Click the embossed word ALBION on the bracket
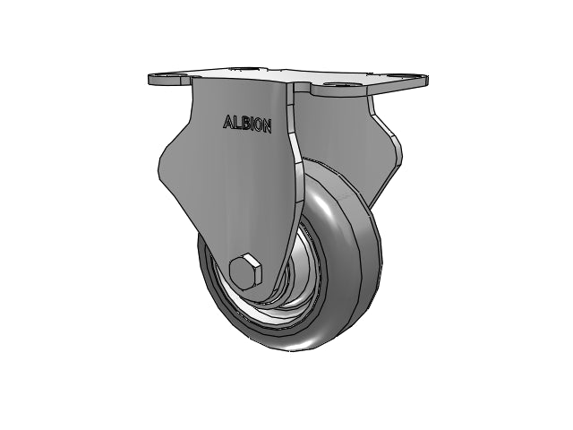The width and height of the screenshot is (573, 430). click(x=247, y=124)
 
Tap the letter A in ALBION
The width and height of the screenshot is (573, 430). click(x=227, y=122)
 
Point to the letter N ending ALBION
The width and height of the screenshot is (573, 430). click(x=267, y=127)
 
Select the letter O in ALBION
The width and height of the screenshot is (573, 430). click(x=258, y=125)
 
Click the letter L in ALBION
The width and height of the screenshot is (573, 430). click(x=236, y=123)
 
